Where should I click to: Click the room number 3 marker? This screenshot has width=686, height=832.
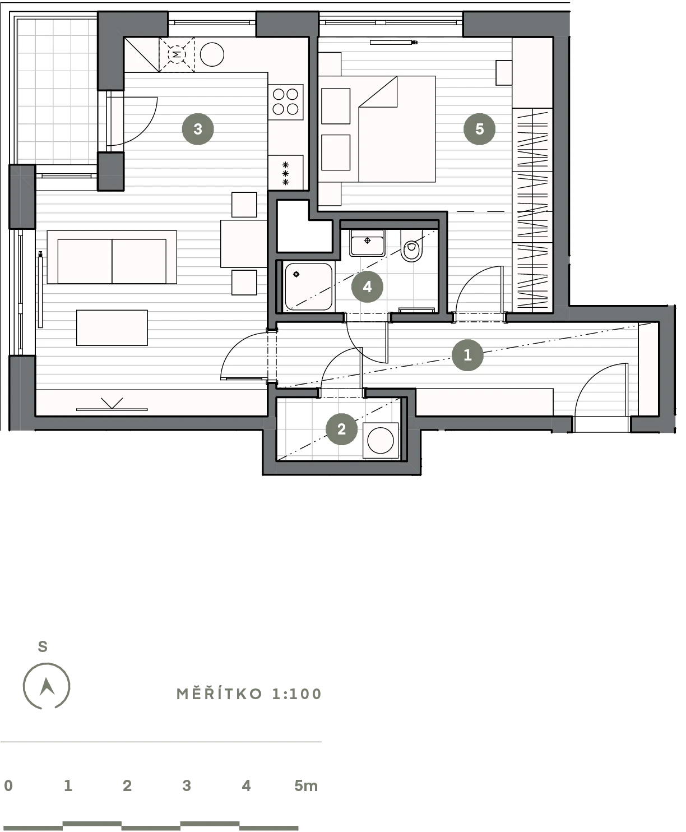pos(198,129)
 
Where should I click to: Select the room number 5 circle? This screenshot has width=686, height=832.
pos(479,129)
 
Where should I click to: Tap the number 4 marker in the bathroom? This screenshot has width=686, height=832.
pos(367,286)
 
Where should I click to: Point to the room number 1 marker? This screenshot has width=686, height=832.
pos(467,355)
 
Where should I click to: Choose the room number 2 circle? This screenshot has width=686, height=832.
pos(341,429)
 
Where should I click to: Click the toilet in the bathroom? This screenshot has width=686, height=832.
pos(411,246)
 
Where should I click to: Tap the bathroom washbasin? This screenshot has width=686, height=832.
pos(367,243)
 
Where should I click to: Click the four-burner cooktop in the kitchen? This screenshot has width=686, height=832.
pos(286,102)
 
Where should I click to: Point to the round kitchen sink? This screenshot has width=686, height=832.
pos(212,54)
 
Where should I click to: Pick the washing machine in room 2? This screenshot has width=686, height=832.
pos(381,440)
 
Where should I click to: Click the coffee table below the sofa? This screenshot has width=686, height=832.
pos(112,327)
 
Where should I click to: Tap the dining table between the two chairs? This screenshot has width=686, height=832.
pos(244,243)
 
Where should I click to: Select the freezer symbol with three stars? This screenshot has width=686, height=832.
pos(285,173)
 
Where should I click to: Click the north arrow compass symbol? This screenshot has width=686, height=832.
pos(47,686)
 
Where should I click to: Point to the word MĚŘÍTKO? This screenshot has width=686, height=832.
pos(219,694)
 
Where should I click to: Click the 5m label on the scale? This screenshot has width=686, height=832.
pos(306,786)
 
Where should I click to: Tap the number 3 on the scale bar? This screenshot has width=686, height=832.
pos(187,786)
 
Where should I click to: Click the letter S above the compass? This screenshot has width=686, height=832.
pos(43,646)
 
